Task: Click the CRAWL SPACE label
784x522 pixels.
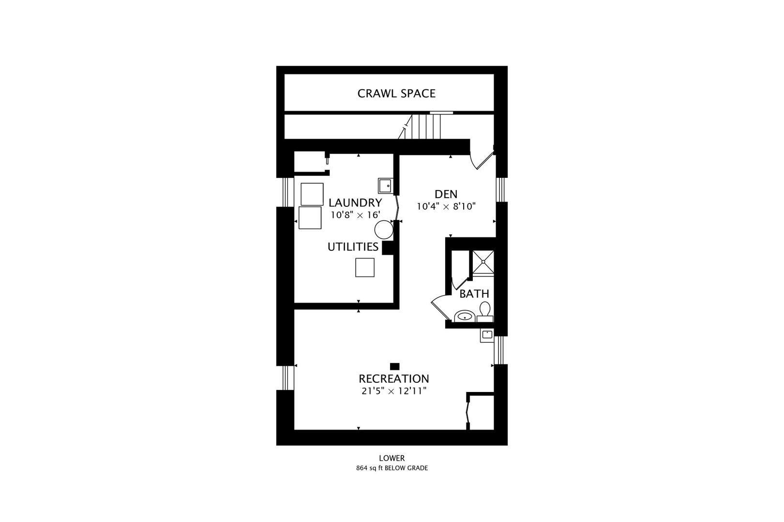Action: coord(396,93)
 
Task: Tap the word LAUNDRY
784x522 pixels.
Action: coord(355,203)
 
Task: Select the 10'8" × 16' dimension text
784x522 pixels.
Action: coord(355,215)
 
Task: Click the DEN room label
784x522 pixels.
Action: coord(446,194)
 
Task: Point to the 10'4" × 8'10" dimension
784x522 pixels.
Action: coord(446,206)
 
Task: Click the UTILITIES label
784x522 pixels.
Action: coord(353,247)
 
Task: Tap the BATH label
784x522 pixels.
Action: coord(474,293)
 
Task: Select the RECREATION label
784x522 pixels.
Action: coord(393,378)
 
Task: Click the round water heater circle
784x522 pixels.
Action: coord(384,230)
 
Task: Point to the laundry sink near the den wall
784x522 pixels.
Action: coord(386,186)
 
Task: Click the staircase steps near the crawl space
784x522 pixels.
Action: coord(426,127)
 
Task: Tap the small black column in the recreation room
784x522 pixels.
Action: coord(394,366)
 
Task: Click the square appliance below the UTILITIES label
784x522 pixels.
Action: coord(365,267)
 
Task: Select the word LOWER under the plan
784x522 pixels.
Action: coord(392,458)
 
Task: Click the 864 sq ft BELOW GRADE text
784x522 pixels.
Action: coord(392,468)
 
